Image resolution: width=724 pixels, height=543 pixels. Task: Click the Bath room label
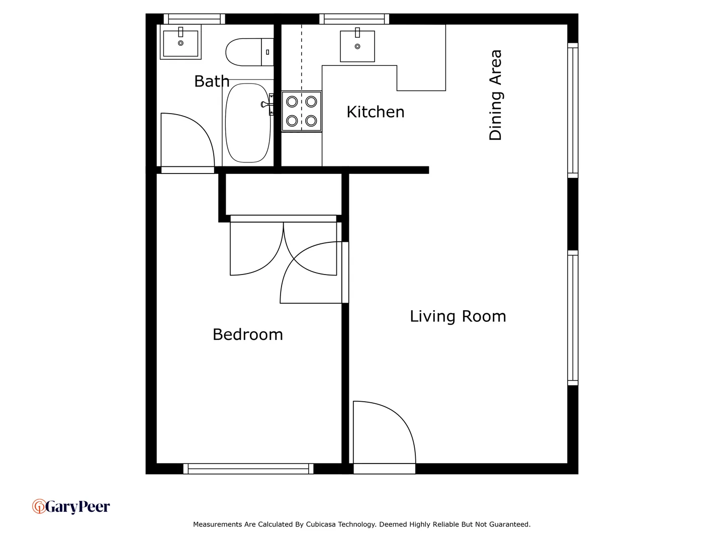212,81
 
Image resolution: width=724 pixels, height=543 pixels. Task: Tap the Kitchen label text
375,112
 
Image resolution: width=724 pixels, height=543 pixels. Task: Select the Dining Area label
495,95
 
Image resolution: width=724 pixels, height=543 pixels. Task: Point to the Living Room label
458,316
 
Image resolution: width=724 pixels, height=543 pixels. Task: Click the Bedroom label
247,334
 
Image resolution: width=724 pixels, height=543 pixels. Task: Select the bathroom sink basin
180,43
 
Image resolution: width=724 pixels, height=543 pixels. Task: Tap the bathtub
248,123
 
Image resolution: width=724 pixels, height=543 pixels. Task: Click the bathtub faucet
266,104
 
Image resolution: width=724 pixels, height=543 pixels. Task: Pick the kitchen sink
357,46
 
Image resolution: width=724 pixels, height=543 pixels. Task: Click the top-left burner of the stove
292,102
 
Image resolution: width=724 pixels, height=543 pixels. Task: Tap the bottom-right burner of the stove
311,121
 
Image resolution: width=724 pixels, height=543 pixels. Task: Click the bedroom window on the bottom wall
248,469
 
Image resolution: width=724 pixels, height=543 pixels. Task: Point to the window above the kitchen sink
354,19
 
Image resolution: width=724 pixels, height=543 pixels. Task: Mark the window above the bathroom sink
194,19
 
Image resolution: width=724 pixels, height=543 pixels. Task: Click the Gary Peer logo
71,506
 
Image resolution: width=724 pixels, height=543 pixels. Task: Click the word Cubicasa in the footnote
321,524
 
